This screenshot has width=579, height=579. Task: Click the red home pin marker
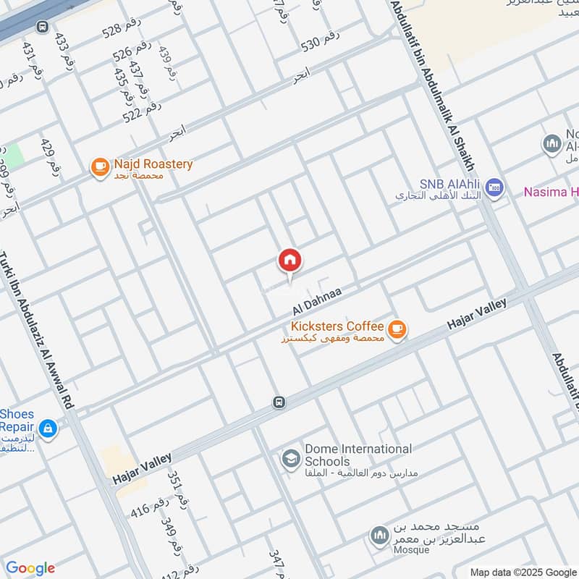coord(290,261)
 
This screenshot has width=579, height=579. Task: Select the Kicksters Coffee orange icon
coord(397,330)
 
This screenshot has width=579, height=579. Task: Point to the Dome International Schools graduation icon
coord(291,460)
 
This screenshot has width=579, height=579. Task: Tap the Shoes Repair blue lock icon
coord(48,428)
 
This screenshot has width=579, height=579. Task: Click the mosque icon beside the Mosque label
coord(379,536)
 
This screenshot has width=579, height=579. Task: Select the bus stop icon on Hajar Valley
coord(279,402)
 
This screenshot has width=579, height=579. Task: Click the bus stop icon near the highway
coord(42,27)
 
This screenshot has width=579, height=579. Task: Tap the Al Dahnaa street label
coord(316,299)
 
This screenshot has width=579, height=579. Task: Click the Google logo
coord(30,568)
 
